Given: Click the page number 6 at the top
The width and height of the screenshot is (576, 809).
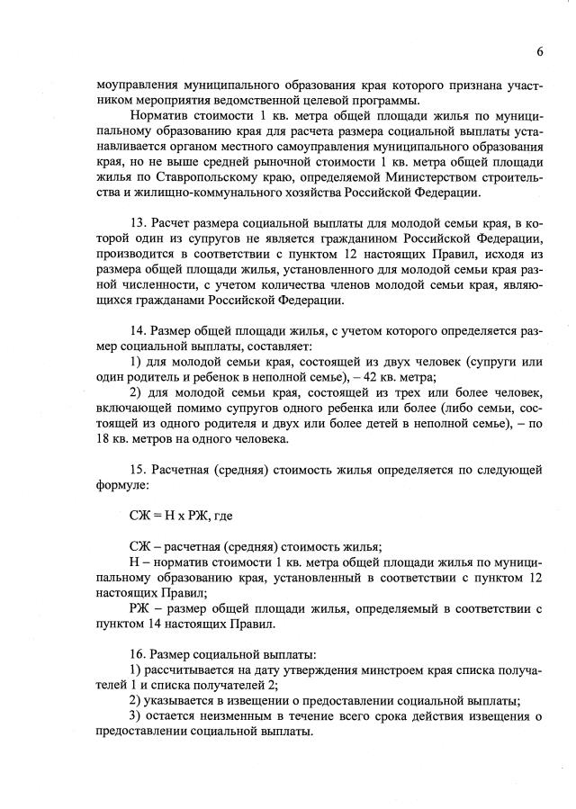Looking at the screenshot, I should point(540,51).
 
